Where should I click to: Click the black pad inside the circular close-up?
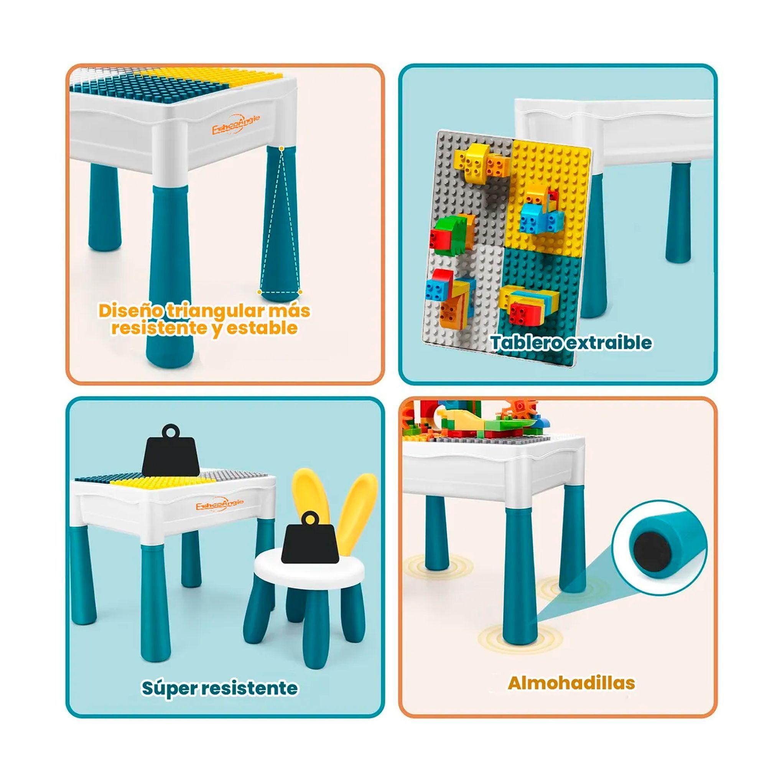(651, 550)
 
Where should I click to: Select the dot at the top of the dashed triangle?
(281, 149)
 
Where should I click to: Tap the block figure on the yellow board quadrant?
(540, 214)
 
